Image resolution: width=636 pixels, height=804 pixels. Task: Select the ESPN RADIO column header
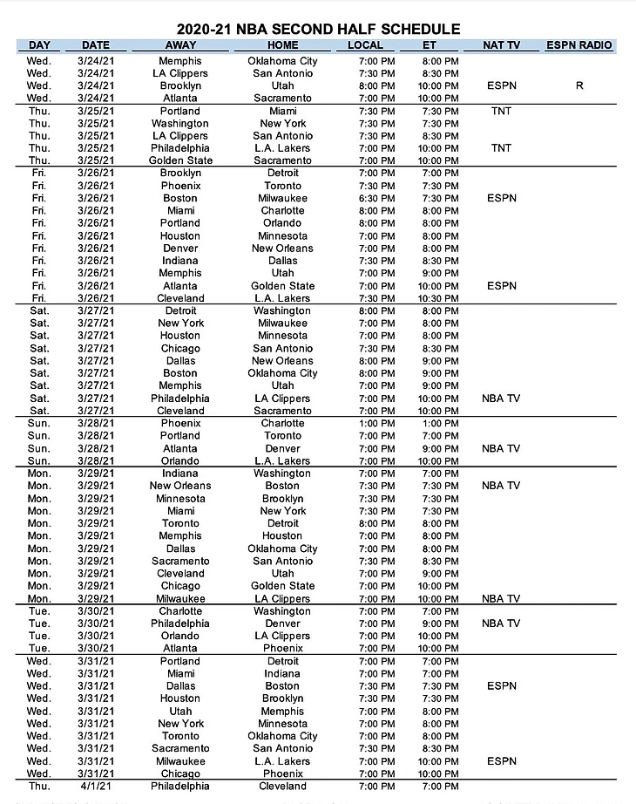tap(578, 45)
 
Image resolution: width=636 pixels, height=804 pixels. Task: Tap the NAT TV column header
tap(501, 45)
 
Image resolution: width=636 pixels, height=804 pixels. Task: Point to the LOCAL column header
tap(365, 45)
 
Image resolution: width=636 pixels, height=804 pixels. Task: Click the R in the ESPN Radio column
tap(578, 86)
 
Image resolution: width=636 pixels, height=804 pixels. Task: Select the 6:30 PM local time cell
tap(377, 198)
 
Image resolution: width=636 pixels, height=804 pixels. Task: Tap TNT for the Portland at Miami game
tap(501, 111)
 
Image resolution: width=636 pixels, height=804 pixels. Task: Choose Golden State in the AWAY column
tap(180, 160)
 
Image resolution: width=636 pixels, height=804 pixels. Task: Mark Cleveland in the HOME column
tap(283, 786)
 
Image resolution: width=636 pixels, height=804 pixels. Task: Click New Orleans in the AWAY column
tap(180, 486)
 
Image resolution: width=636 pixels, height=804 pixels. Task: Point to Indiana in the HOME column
tap(283, 673)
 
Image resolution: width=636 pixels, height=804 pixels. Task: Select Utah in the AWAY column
tap(180, 711)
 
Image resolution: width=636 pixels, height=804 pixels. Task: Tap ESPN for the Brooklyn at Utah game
tap(501, 86)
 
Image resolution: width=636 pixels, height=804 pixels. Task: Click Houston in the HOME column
tap(283, 535)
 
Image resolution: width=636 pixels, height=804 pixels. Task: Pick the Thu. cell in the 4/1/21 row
tap(39, 786)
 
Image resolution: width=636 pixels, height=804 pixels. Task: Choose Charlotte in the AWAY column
tap(180, 611)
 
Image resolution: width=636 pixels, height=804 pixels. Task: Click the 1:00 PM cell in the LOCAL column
tap(377, 423)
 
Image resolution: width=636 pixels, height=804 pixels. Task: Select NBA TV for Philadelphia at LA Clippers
tap(501, 398)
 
